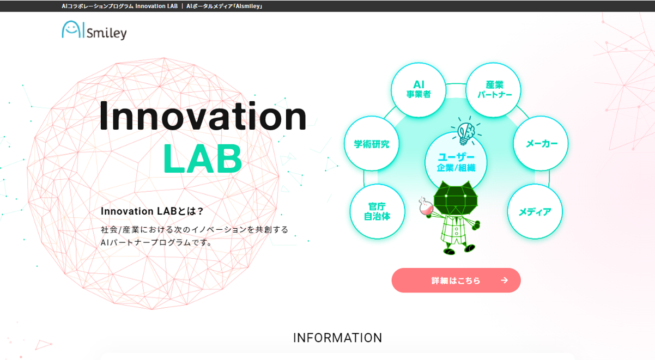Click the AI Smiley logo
[94, 30]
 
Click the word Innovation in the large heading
[203, 116]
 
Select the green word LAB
[202, 158]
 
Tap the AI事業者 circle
[419, 90]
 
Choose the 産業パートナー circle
[494, 90]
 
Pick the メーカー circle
[541, 144]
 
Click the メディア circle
[535, 212]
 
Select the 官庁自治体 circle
[377, 211]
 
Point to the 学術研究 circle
[372, 144]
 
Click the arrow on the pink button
[504, 280]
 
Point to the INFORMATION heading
[338, 338]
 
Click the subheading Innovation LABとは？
[152, 211]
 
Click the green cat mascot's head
[457, 198]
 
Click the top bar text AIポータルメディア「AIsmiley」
[225, 6]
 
